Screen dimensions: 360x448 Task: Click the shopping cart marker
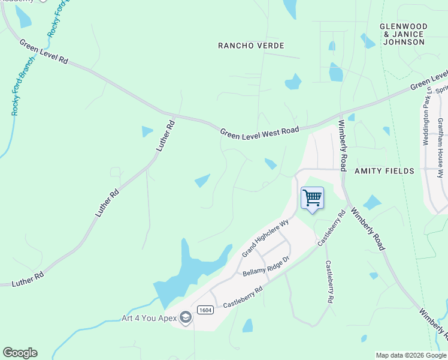[312, 198]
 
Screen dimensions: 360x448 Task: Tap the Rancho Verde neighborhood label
[251, 46]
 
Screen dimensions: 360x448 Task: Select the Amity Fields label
[384, 171]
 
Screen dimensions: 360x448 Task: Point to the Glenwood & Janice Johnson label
[404, 34]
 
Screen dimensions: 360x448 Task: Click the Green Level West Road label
[259, 131]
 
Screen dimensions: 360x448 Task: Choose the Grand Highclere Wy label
[265, 238]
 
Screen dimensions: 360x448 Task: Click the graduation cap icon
[186, 317]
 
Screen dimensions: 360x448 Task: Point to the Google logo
[20, 353]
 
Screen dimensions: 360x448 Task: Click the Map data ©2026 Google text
[410, 355]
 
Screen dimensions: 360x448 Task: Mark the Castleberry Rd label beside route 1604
[243, 297]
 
